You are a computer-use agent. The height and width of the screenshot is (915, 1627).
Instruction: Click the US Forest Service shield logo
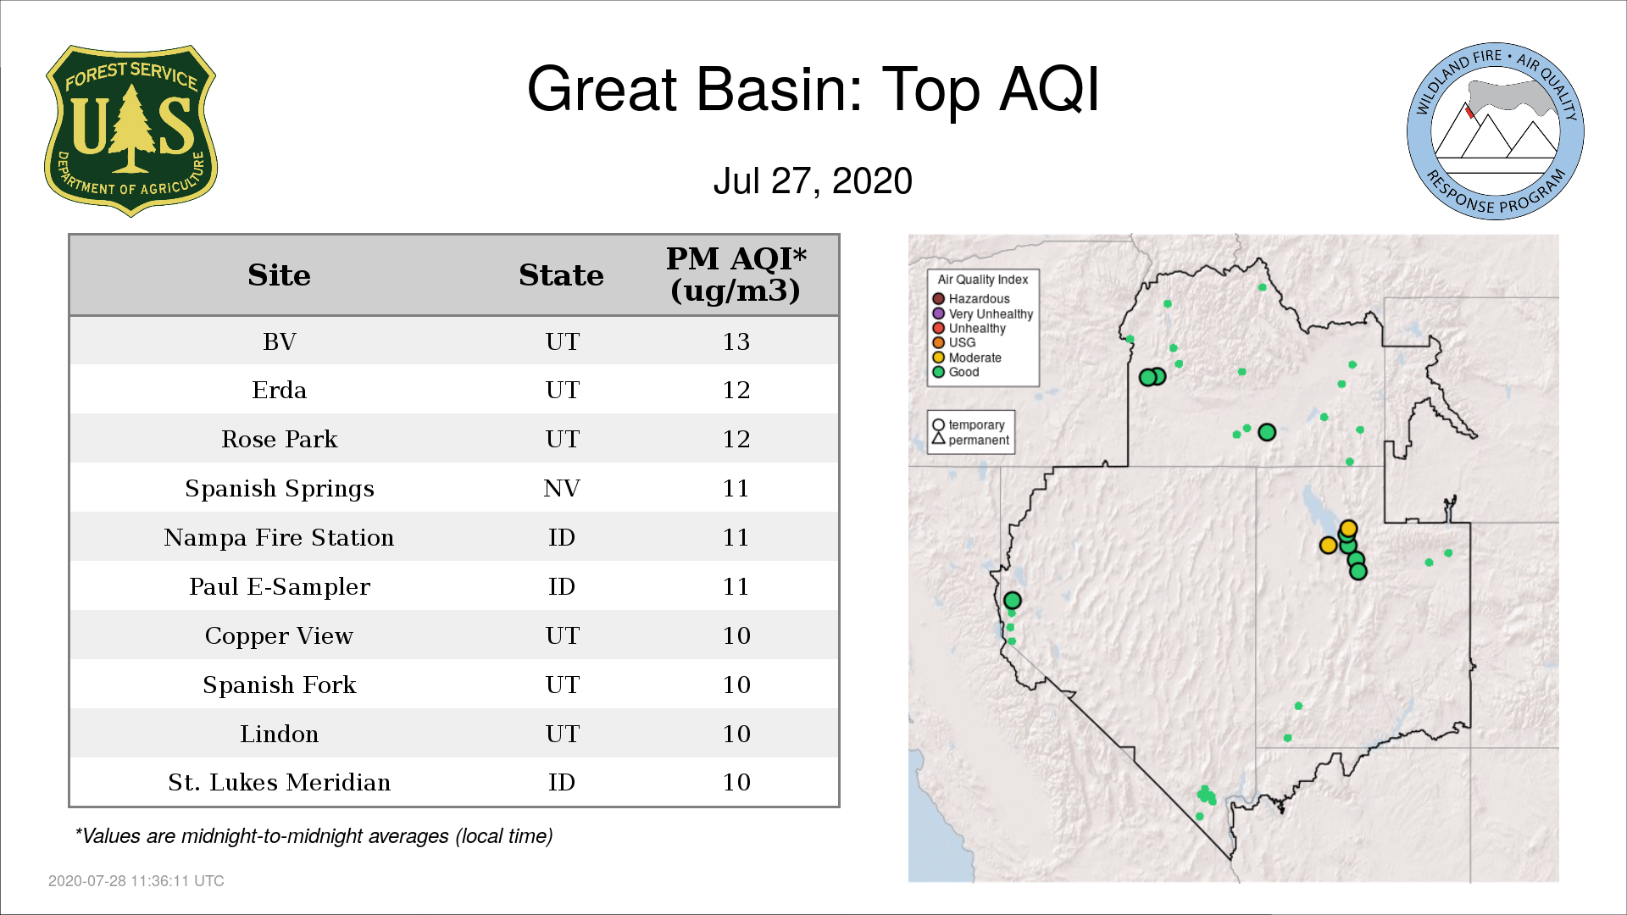[x=130, y=131]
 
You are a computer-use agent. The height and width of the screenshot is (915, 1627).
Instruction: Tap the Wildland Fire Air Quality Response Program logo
[x=1496, y=131]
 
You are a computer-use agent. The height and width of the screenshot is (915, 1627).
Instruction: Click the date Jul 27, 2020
[x=813, y=180]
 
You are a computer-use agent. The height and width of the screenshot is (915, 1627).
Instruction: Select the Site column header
[x=279, y=275]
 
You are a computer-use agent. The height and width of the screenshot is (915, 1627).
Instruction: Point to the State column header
[x=561, y=275]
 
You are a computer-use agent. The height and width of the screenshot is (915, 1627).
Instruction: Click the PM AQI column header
[x=736, y=274]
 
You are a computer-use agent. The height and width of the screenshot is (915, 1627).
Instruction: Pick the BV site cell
[x=279, y=341]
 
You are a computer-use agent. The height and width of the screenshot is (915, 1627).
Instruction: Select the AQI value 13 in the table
[x=736, y=341]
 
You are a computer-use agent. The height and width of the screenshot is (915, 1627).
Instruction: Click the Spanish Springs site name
[x=279, y=489]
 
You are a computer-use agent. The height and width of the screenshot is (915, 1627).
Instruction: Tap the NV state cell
[x=561, y=489]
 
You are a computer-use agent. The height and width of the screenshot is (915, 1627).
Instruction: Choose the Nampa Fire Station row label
[x=279, y=538]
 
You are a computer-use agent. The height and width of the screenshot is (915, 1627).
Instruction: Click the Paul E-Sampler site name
[x=279, y=587]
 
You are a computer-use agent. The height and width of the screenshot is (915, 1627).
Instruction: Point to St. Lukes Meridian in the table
[x=279, y=782]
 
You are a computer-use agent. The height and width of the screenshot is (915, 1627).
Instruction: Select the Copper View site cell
[x=279, y=636]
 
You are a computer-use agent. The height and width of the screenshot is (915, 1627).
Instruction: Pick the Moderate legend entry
[x=967, y=358]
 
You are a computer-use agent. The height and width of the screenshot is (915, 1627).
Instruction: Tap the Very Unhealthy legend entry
[x=983, y=313]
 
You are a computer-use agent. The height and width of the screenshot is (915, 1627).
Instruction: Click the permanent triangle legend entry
[x=970, y=440]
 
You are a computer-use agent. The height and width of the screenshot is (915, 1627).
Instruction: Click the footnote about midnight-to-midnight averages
[x=314, y=836]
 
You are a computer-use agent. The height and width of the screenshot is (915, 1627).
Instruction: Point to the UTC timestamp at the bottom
[x=136, y=881]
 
